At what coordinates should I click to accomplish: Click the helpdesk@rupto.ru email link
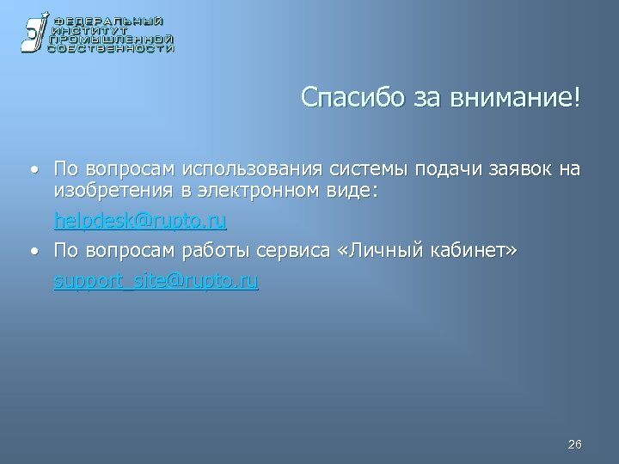click(140, 222)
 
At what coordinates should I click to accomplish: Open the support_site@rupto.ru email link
click(156, 280)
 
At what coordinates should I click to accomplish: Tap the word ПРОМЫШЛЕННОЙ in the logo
click(112, 40)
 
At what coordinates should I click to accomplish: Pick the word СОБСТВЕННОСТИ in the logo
click(112, 49)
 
